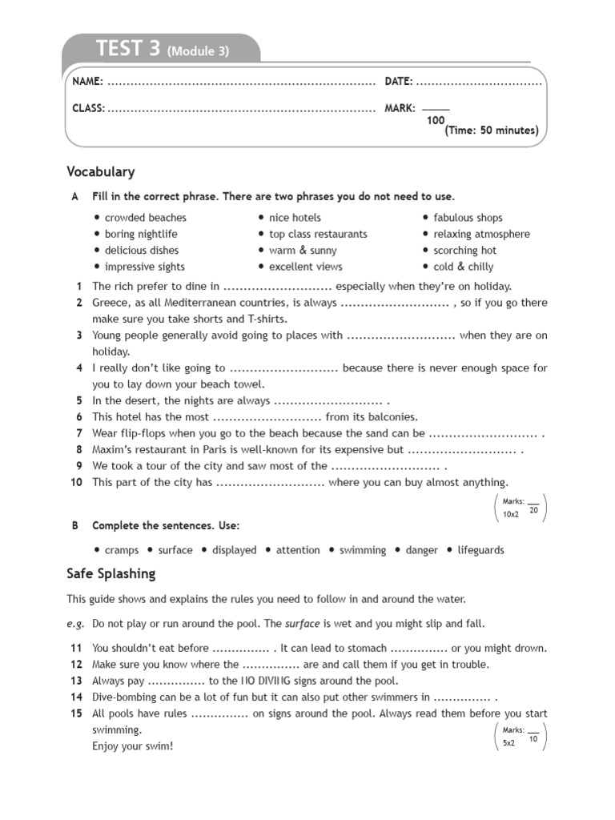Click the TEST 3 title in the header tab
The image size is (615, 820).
click(x=127, y=50)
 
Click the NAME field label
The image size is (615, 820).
click(x=87, y=82)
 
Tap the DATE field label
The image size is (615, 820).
click(x=399, y=82)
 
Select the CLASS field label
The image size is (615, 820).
click(x=88, y=108)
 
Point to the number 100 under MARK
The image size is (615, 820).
click(x=436, y=120)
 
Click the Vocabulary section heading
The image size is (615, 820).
click(x=101, y=172)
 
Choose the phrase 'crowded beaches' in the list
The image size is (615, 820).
click(x=145, y=218)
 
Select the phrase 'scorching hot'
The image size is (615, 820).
click(x=464, y=251)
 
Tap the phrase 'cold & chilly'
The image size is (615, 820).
click(x=463, y=267)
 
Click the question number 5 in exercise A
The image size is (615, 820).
click(x=79, y=400)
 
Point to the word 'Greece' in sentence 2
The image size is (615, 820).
click(x=110, y=303)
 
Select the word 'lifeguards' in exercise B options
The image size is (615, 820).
click(x=480, y=550)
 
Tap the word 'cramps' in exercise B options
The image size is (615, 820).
click(x=121, y=550)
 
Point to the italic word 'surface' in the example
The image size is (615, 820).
click(x=302, y=623)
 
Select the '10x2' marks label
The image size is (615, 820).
click(x=511, y=514)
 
